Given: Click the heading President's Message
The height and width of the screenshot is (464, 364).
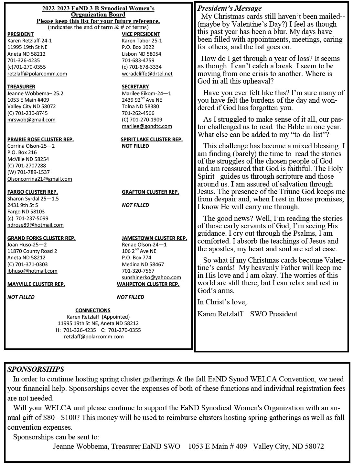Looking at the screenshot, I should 230,8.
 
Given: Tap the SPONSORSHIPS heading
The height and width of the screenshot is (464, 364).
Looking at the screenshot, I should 36,369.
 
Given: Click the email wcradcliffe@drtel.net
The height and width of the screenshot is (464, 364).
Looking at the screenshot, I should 147,74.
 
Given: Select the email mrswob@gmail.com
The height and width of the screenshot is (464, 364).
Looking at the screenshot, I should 31,119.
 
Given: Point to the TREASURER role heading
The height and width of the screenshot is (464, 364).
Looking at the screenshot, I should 21,86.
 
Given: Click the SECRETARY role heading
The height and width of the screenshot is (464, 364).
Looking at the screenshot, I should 135,86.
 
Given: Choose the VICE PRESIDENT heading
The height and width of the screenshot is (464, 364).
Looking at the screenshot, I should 141,34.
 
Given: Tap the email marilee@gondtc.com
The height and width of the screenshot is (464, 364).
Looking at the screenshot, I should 147,126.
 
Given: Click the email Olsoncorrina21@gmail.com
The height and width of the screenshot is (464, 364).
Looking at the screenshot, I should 40,179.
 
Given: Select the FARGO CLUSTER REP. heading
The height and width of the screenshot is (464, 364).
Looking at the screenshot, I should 33,192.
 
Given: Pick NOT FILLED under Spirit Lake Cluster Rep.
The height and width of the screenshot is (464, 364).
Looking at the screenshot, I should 135,146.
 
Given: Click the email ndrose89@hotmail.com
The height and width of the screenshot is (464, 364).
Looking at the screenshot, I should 36,225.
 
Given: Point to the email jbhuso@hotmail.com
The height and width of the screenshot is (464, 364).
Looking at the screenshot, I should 32,271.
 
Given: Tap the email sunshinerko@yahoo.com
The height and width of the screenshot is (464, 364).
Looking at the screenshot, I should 151,277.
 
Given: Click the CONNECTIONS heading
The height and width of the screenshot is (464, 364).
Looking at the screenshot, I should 93,310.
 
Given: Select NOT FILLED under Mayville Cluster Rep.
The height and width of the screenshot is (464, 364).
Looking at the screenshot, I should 21,297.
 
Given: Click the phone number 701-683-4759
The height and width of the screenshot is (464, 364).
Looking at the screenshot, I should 138,60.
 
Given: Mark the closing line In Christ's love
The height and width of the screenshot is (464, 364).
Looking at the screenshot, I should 222,302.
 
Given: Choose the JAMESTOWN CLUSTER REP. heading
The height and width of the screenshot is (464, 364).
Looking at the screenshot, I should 154,238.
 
